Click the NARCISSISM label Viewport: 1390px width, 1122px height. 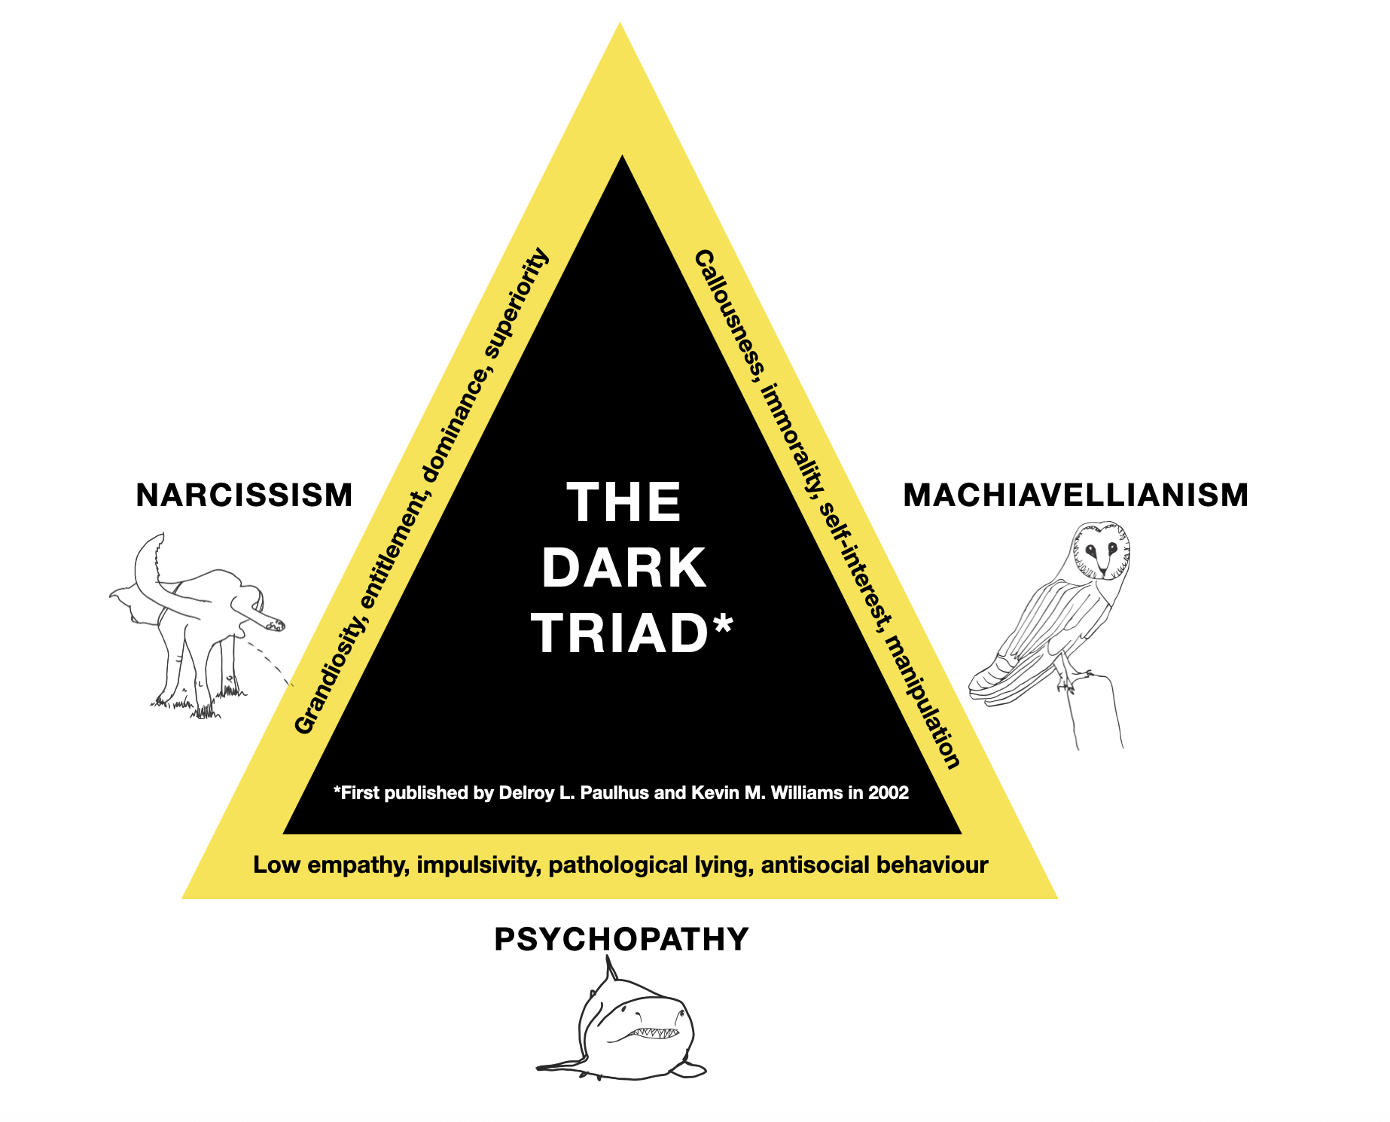point(244,495)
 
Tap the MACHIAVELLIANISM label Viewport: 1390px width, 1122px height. point(1075,495)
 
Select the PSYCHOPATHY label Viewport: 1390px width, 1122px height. point(621,939)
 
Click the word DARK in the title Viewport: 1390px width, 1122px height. point(623,568)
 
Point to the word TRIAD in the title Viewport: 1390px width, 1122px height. point(619,633)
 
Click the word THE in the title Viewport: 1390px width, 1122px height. point(623,502)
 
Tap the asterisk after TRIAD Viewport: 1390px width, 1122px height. point(722,624)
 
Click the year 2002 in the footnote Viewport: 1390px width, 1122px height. point(889,793)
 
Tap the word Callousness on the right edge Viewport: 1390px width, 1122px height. point(728,315)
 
